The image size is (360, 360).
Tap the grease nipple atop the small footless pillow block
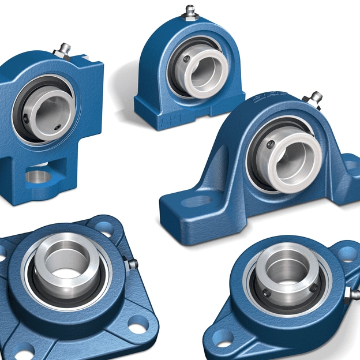tap(190, 12)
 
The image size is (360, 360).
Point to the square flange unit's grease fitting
tap(132, 264)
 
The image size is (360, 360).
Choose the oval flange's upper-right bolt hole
tap(347, 253)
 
